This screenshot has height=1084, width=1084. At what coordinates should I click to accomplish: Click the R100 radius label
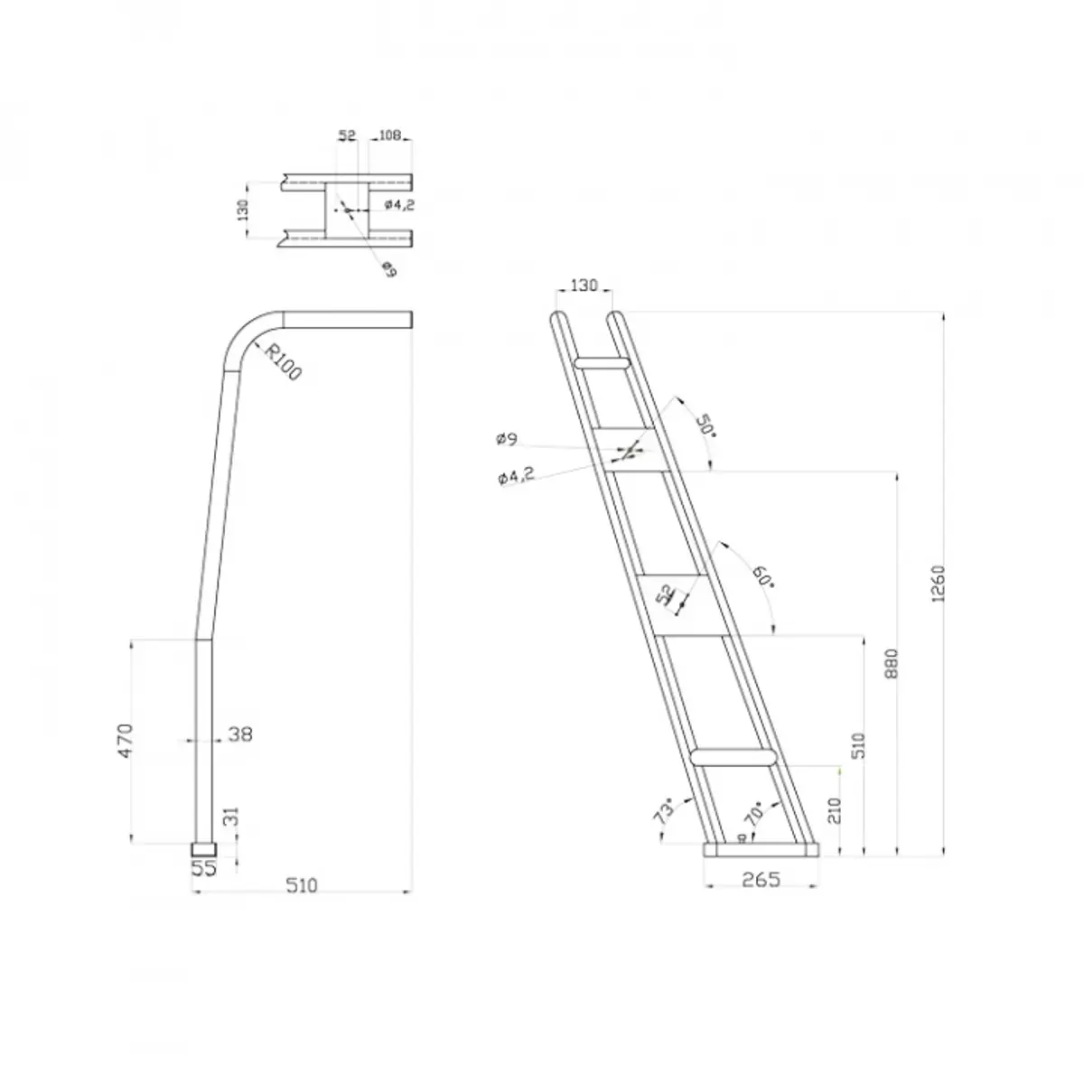click(283, 362)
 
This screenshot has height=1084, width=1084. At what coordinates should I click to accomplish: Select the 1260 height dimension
click(939, 584)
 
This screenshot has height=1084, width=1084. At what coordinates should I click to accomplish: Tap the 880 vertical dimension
click(892, 664)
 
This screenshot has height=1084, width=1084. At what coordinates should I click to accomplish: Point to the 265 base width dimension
click(762, 879)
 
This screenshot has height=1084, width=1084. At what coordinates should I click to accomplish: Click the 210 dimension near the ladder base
click(835, 810)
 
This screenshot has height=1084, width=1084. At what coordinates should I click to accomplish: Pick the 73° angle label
click(665, 810)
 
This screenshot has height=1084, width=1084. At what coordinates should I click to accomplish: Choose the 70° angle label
click(754, 812)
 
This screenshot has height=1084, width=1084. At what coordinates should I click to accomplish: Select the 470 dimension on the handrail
click(126, 741)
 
